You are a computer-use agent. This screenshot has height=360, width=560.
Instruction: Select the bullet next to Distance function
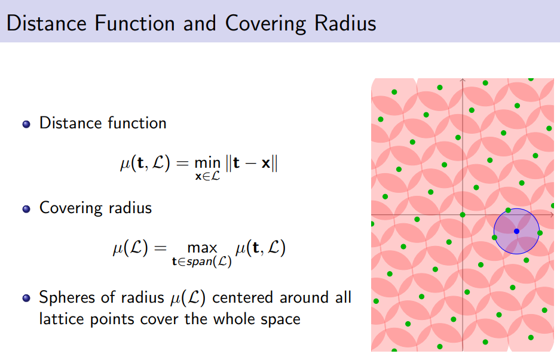(26, 124)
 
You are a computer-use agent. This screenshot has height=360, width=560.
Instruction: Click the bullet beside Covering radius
(26, 209)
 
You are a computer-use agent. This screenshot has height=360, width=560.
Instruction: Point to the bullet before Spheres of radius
(26, 299)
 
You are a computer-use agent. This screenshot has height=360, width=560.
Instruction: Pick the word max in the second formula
(201, 248)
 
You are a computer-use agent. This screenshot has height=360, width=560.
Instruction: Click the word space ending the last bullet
(279, 319)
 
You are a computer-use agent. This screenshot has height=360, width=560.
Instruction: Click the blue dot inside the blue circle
(516, 231)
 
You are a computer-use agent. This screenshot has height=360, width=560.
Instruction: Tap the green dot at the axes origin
(463, 214)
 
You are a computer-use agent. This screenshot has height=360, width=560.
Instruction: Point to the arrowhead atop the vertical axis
(463, 79)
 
